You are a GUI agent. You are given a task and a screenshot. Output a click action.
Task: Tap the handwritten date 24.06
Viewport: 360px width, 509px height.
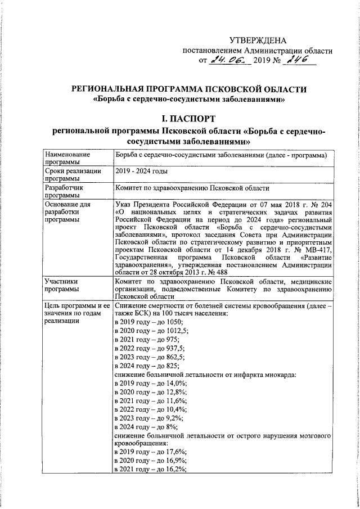tap(227, 60)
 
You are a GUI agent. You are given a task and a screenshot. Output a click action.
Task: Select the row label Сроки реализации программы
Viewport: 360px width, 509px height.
tap(74, 174)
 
